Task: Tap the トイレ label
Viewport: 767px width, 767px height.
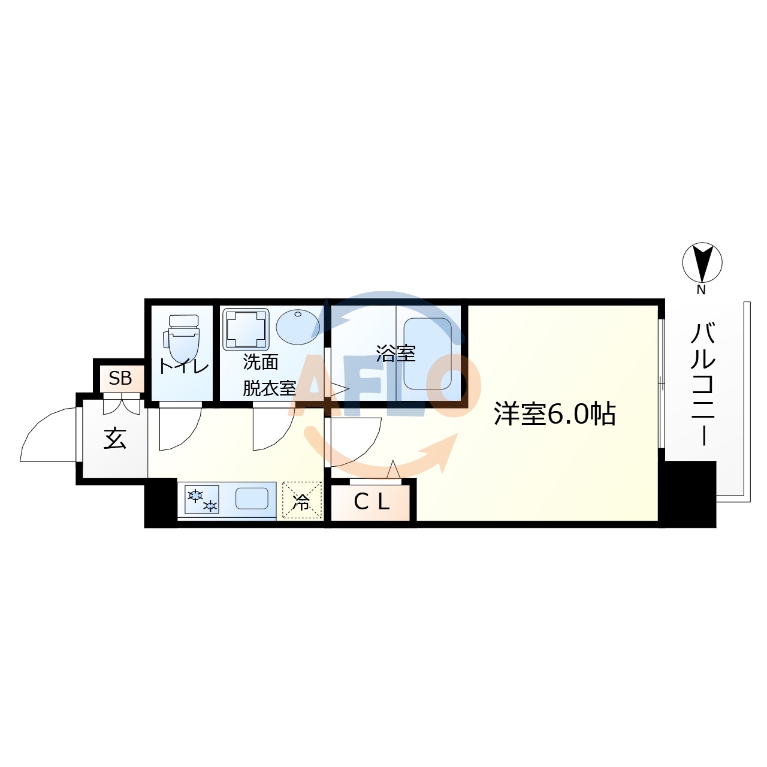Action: click(x=183, y=366)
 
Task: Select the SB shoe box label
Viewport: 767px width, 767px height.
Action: click(x=120, y=378)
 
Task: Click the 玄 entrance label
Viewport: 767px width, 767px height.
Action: click(x=115, y=439)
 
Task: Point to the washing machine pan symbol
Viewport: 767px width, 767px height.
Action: click(x=246, y=329)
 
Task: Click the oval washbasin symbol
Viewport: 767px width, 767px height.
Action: click(x=298, y=326)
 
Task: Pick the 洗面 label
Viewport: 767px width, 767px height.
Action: click(x=261, y=362)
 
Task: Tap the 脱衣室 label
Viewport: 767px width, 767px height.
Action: click(x=269, y=388)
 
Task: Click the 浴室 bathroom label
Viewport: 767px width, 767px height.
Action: click(x=395, y=354)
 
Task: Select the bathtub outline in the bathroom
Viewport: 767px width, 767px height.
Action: click(x=428, y=354)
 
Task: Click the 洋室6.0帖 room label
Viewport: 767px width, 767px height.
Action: click(x=554, y=414)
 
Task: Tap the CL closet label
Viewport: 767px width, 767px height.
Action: click(x=372, y=502)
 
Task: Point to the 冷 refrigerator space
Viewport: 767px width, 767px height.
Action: click(x=302, y=501)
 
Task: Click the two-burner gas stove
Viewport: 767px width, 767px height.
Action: click(x=202, y=500)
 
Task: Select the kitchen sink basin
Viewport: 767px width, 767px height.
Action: click(x=252, y=499)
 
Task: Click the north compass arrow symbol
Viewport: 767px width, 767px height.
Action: click(x=702, y=262)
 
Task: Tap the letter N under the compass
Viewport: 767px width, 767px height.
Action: click(x=701, y=290)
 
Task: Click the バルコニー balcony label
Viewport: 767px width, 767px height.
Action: click(x=703, y=384)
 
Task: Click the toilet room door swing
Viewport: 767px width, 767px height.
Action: click(x=179, y=428)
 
